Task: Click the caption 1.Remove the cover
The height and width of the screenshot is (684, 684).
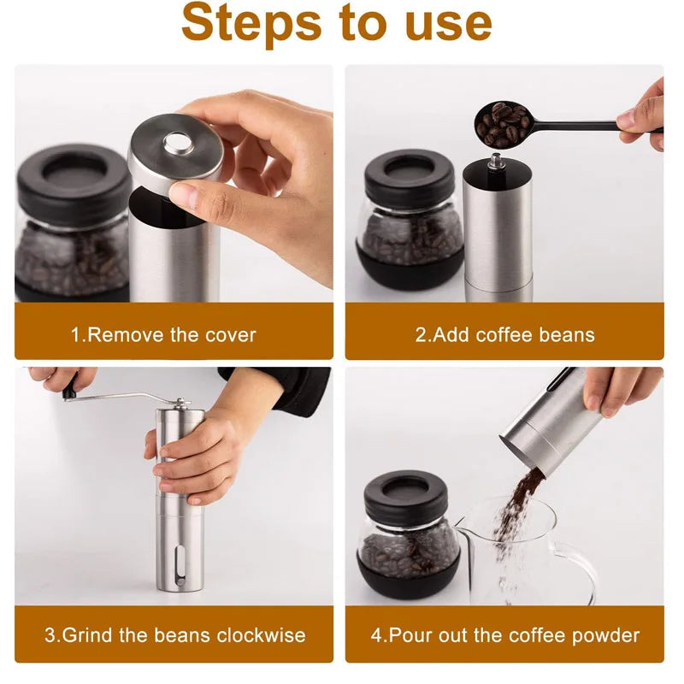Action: [163, 334]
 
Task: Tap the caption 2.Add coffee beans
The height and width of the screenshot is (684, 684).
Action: [504, 334]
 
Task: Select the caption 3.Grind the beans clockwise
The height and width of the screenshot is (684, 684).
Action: [174, 635]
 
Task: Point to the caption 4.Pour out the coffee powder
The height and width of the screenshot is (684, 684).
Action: [504, 635]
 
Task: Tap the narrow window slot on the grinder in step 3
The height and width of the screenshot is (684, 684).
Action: [179, 566]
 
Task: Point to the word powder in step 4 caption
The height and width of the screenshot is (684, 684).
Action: [609, 635]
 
